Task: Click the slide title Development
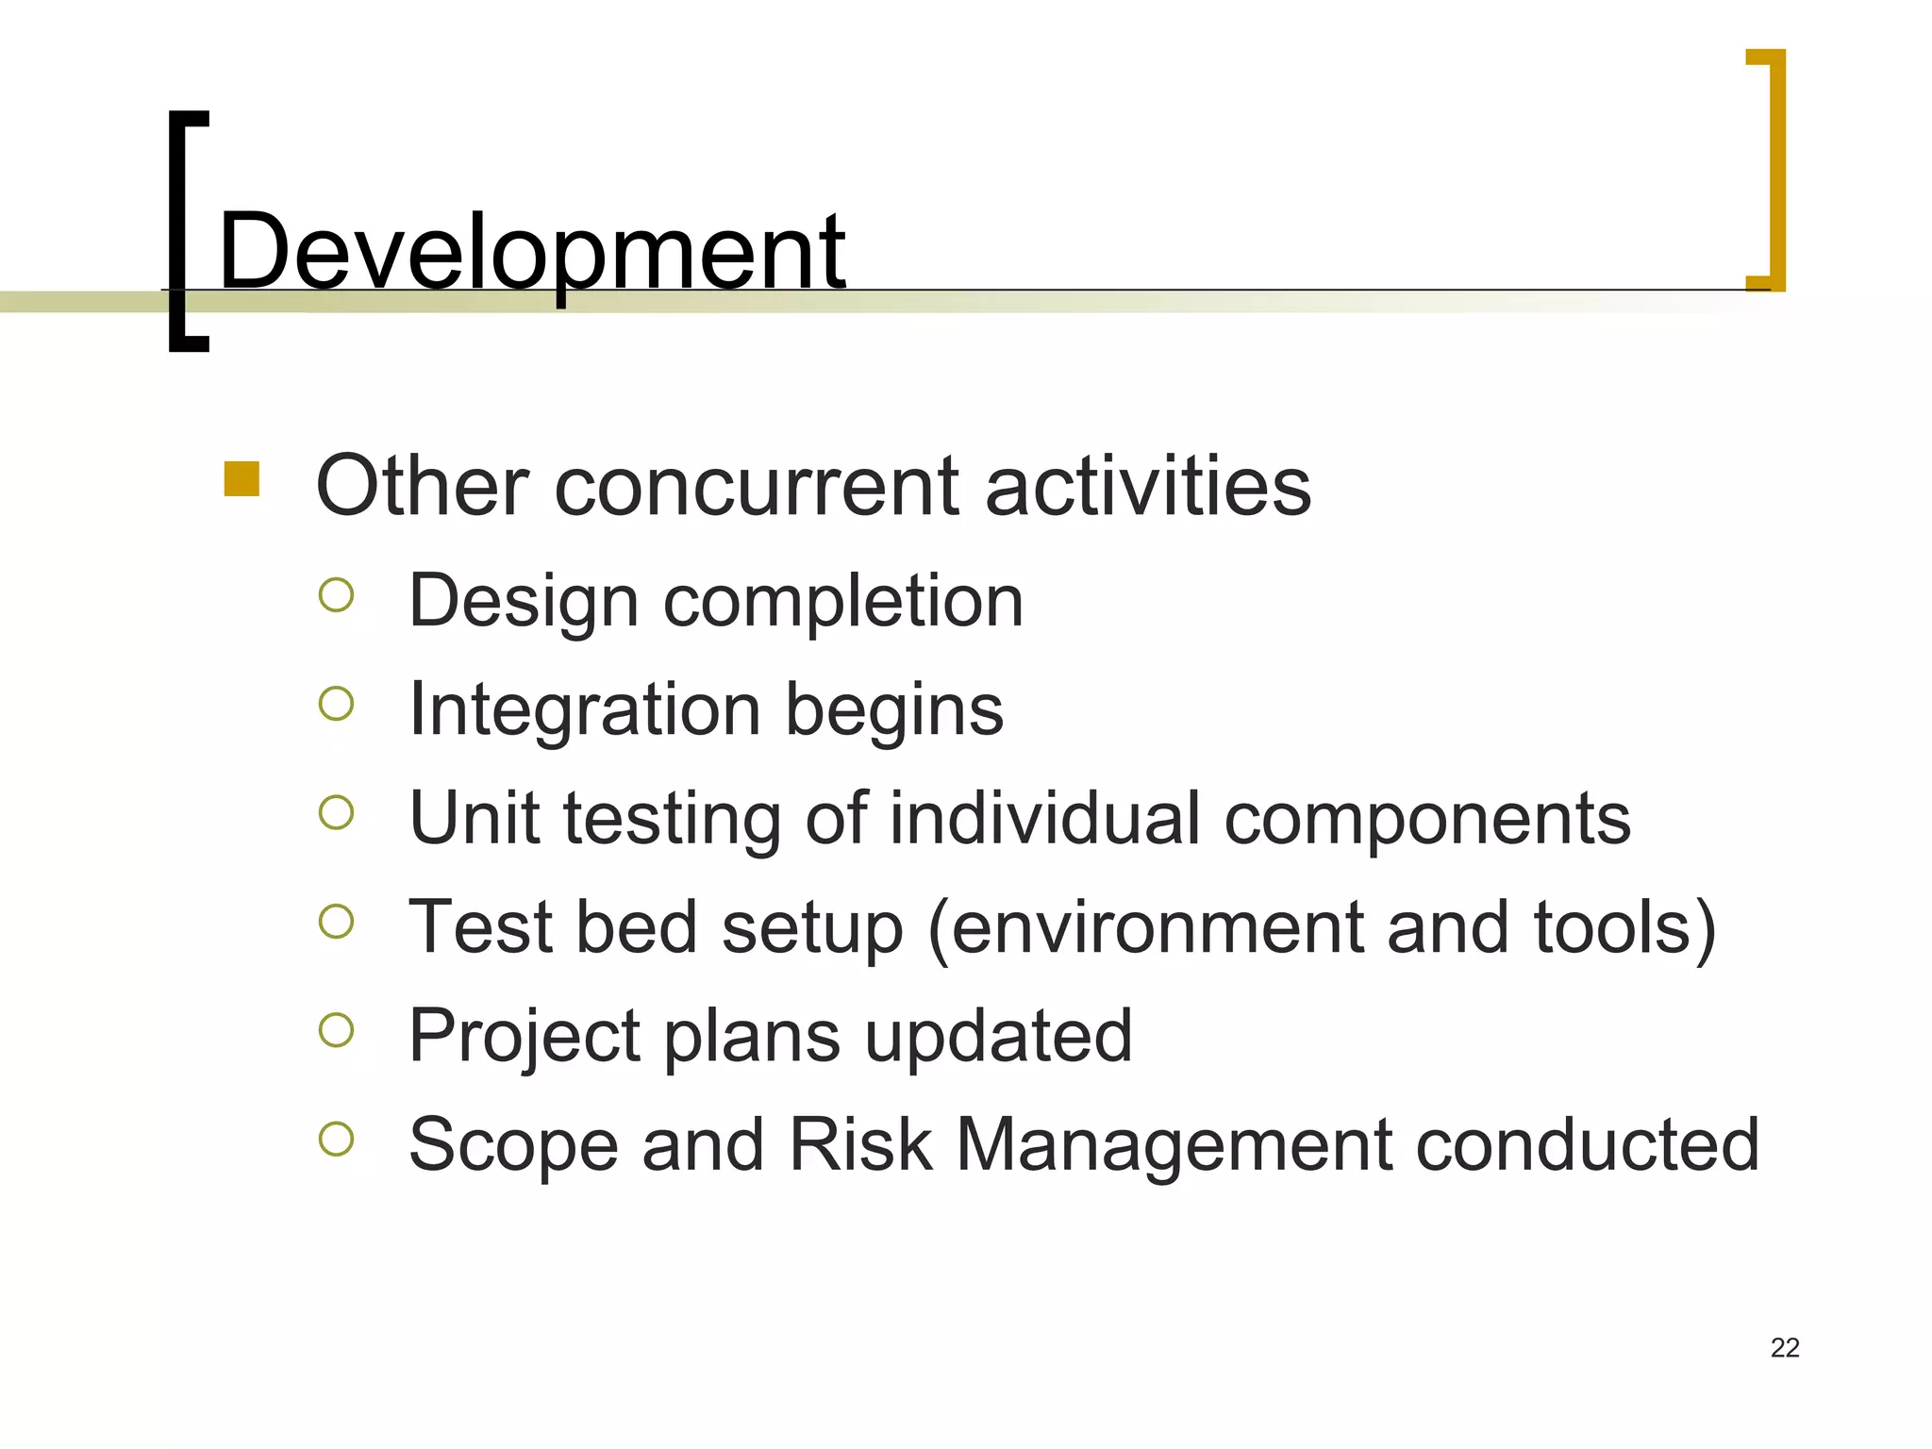pyautogui.click(x=531, y=252)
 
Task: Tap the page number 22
pyautogui.click(x=1785, y=1347)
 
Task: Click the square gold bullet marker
pyautogui.click(x=241, y=478)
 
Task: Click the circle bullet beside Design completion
pyautogui.click(x=336, y=595)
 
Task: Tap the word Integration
pyautogui.click(x=584, y=710)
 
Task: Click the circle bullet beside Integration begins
pyautogui.click(x=336, y=704)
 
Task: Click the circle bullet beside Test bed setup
pyautogui.click(x=336, y=922)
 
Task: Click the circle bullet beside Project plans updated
pyautogui.click(x=336, y=1030)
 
